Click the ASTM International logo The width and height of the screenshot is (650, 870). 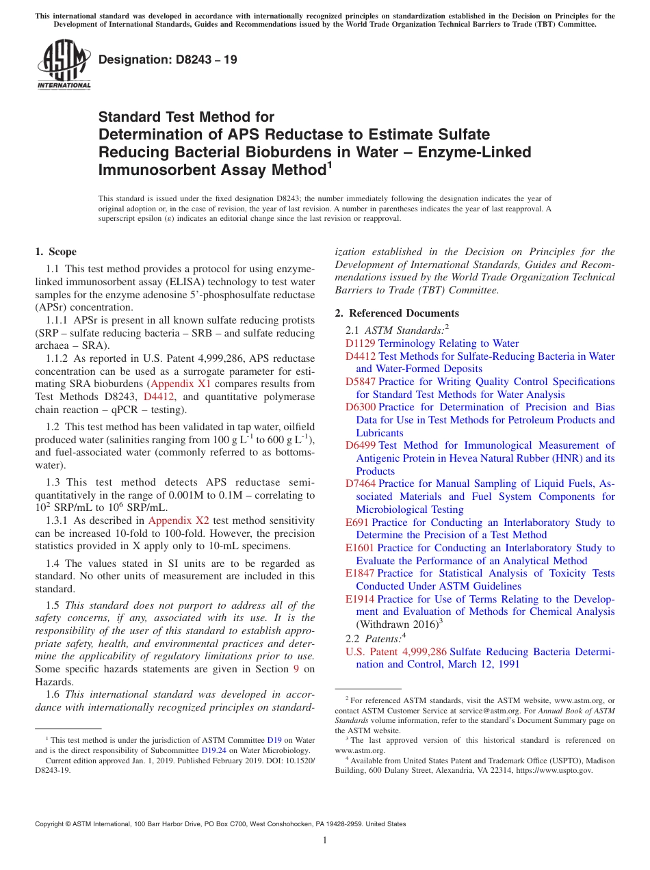tap(64, 65)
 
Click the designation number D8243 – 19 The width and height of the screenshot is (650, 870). tap(168, 60)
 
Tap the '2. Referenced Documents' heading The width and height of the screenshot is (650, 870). tap(397, 313)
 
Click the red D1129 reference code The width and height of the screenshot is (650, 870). tap(360, 343)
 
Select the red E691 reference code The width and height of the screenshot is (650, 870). tap(356, 523)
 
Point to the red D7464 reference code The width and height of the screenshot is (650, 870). tap(360, 484)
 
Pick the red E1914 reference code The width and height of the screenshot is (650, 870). tap(360, 599)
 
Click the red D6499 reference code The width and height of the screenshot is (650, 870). tap(360, 446)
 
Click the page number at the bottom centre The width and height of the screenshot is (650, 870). tap(325, 841)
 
